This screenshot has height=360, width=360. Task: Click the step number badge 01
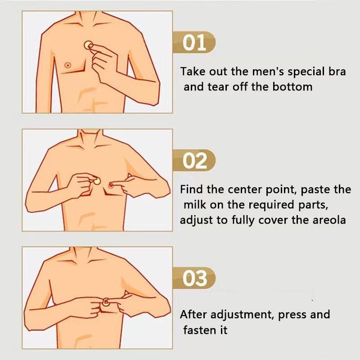click(194, 42)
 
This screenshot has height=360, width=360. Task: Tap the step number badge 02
click(194, 160)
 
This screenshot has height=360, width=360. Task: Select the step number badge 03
click(194, 278)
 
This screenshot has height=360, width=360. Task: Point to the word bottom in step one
click(292, 87)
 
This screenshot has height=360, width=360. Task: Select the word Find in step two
click(192, 189)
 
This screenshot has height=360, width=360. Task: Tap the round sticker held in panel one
click(88, 45)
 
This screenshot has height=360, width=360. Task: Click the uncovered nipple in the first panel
click(67, 65)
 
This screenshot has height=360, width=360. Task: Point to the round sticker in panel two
click(97, 181)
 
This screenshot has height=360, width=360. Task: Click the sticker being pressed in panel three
click(106, 301)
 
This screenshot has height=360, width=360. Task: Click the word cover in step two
click(273, 220)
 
